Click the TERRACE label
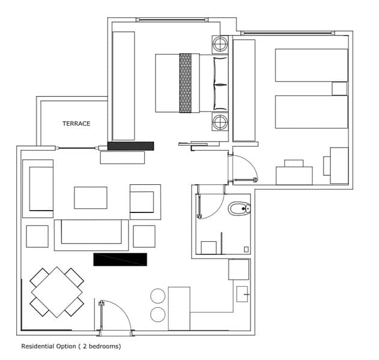pos(76,124)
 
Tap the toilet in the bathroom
pos(239,209)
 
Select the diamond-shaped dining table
pos(57,292)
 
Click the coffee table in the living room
pos(91,198)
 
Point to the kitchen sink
pos(242,294)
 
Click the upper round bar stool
pos(158,296)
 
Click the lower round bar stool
pos(158,314)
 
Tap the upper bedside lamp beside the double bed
pos(220,44)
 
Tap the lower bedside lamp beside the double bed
pos(220,122)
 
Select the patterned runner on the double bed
pos(186,83)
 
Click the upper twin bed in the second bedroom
pos(312,65)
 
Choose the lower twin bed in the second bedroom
pos(312,112)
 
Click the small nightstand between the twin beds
pos(339,89)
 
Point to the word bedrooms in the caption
pos(104,346)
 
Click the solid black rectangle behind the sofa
pos(120,260)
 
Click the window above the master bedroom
pos(172,20)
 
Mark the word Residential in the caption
pos(37,346)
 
